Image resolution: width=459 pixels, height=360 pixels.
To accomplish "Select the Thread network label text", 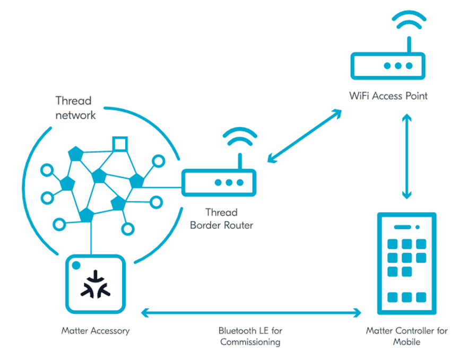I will click(x=75, y=108).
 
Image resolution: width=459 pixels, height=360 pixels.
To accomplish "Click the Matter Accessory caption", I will click(x=96, y=331).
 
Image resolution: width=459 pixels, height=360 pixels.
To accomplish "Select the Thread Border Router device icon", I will click(x=219, y=182).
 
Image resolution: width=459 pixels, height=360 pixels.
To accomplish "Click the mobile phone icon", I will click(x=406, y=263).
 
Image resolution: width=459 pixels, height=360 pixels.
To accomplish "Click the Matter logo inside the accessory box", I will click(x=96, y=284).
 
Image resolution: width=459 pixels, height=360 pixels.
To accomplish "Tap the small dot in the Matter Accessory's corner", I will click(x=76, y=265).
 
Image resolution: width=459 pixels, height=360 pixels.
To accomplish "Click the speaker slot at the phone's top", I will click(x=403, y=227).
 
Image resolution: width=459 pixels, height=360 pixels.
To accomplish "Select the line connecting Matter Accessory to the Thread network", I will click(x=92, y=239).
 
